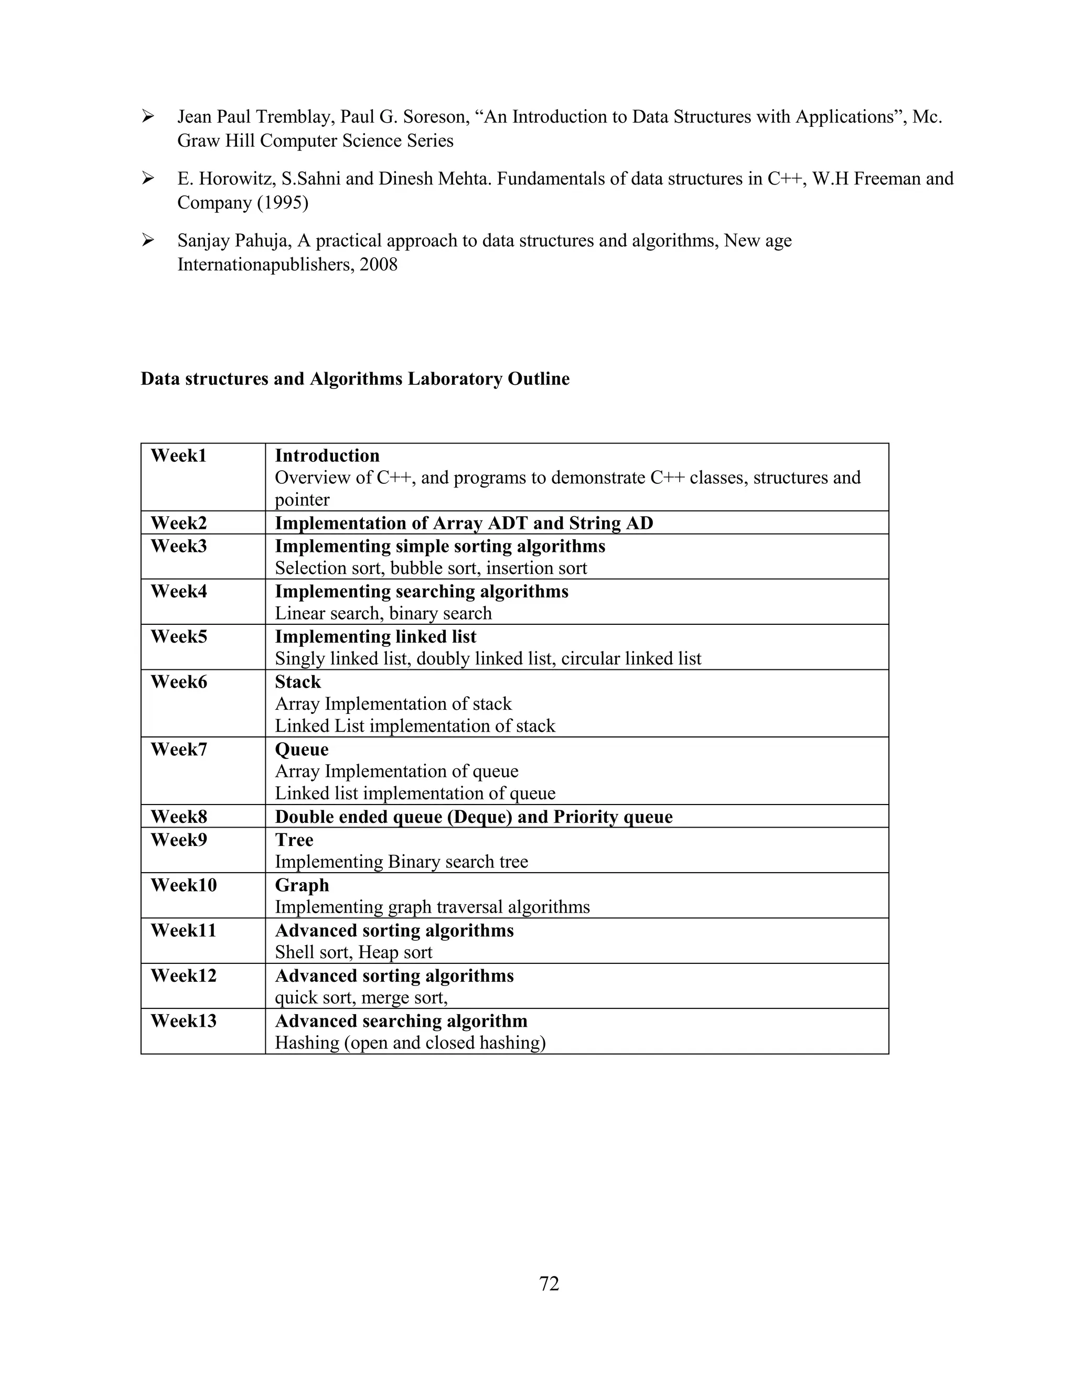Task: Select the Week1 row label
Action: tap(178, 456)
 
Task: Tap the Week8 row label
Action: tap(179, 817)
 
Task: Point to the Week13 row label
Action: tap(183, 1022)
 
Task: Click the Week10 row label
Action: tap(183, 885)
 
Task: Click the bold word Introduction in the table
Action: tap(327, 456)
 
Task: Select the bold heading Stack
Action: tap(298, 682)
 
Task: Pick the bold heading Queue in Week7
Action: tap(302, 750)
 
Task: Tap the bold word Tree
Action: tap(294, 840)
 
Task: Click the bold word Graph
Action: tap(302, 885)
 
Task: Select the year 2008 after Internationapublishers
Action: tap(379, 265)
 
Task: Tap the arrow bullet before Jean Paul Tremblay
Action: tap(147, 117)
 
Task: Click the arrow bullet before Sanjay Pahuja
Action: tap(147, 241)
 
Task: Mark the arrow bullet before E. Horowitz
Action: tap(147, 179)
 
